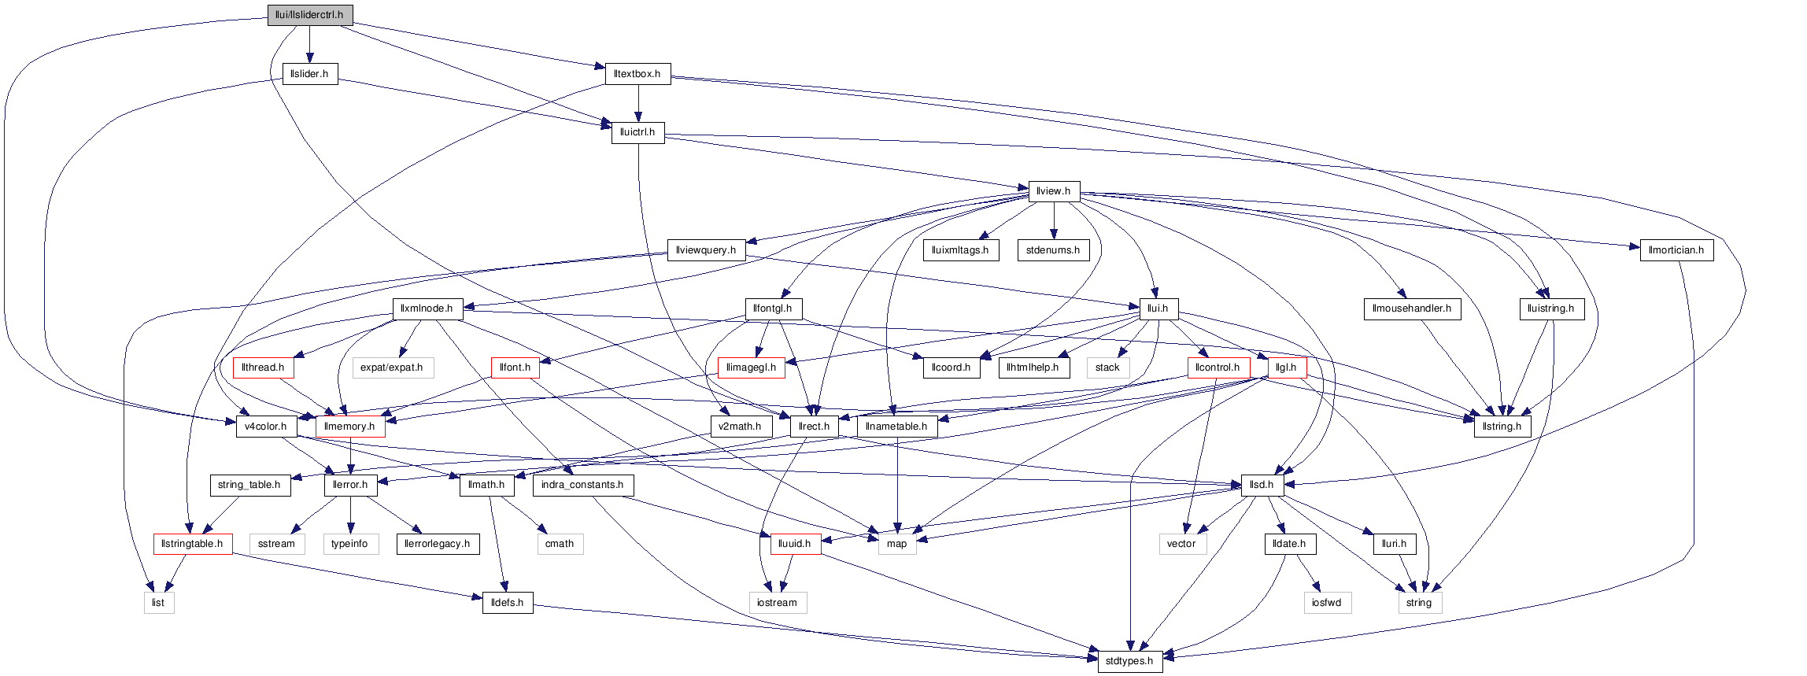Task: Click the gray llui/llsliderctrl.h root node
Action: point(309,15)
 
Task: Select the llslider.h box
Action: point(310,74)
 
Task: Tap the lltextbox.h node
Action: point(637,74)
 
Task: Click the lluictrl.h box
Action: point(637,132)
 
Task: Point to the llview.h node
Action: point(1054,191)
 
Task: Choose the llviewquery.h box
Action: point(706,250)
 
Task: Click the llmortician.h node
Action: point(1676,250)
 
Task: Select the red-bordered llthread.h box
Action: point(263,368)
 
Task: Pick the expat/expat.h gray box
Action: point(392,368)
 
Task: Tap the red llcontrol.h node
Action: point(1218,368)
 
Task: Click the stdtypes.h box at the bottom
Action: point(1129,661)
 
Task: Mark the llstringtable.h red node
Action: point(192,544)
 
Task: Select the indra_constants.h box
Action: point(582,485)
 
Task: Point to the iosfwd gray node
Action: point(1326,603)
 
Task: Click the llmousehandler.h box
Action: point(1412,308)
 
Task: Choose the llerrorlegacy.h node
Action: point(438,544)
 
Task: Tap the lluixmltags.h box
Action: point(960,250)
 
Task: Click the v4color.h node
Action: point(266,427)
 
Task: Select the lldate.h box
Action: point(1289,544)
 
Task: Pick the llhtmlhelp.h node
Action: point(1033,368)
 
